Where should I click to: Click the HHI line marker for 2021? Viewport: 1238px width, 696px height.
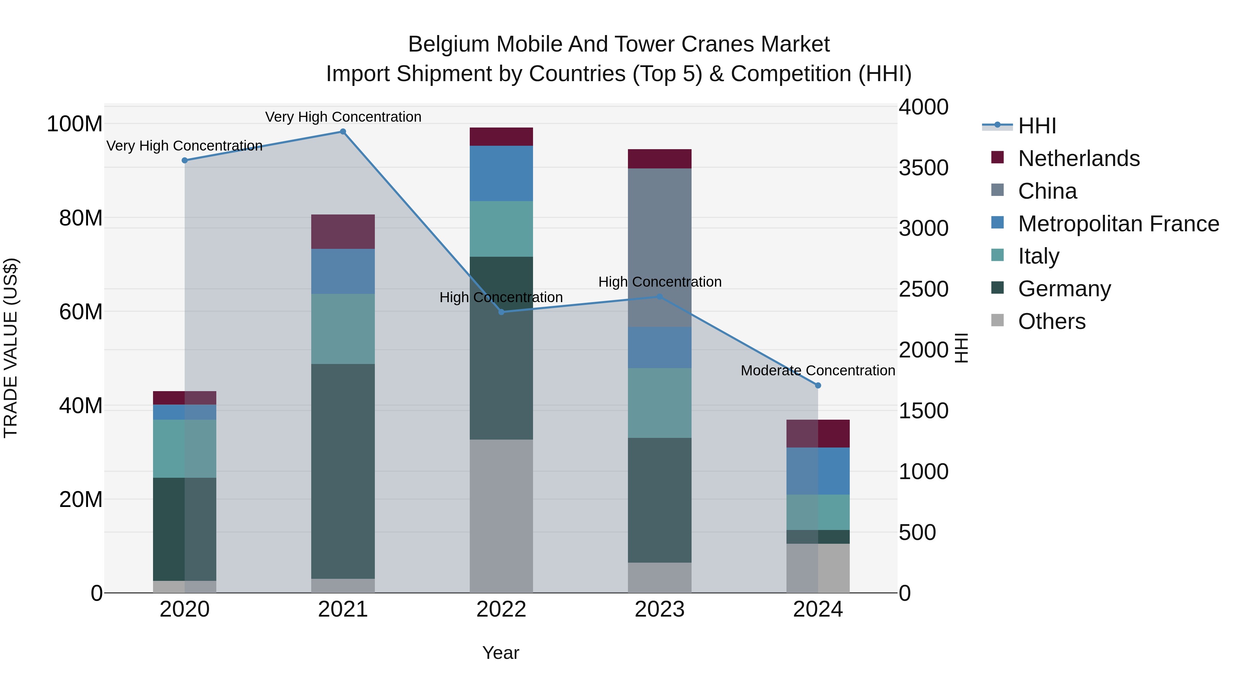pos(343,132)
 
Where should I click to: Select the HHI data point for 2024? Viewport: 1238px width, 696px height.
pos(818,385)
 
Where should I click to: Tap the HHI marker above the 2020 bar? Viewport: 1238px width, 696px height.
pos(185,161)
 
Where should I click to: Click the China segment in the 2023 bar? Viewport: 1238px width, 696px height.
pos(659,247)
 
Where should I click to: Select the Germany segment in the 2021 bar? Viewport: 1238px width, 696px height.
pos(343,471)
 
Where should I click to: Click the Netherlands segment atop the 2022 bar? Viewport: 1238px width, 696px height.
pos(501,136)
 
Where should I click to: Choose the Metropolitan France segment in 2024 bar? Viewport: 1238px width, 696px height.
pos(818,471)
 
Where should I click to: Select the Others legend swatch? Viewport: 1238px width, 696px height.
pos(998,320)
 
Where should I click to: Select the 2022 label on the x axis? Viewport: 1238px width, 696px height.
pos(501,609)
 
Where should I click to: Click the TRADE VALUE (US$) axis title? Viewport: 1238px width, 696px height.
pos(11,348)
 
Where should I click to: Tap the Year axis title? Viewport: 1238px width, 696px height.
pos(500,653)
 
